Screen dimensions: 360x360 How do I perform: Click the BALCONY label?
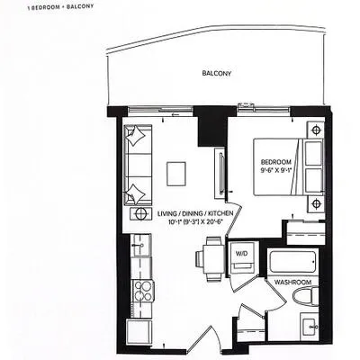(217, 73)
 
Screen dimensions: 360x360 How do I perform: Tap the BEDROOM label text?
(276, 162)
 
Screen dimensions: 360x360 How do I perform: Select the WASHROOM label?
(292, 283)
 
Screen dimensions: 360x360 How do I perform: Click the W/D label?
(241, 254)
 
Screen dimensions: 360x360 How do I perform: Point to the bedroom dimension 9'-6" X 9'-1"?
(276, 170)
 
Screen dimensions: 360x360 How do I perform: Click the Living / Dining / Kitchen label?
(195, 213)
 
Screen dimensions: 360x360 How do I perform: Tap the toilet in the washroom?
(306, 296)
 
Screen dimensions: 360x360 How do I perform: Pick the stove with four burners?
(143, 291)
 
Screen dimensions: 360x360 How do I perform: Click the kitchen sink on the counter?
(141, 245)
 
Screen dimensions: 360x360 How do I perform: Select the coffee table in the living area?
(176, 174)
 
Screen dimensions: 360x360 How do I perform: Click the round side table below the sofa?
(140, 213)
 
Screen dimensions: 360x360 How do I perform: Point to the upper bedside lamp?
(315, 130)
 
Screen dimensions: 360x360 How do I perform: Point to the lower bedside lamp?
(315, 204)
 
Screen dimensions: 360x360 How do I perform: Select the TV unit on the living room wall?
(220, 174)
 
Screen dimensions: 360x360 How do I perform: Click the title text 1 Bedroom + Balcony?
(60, 7)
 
